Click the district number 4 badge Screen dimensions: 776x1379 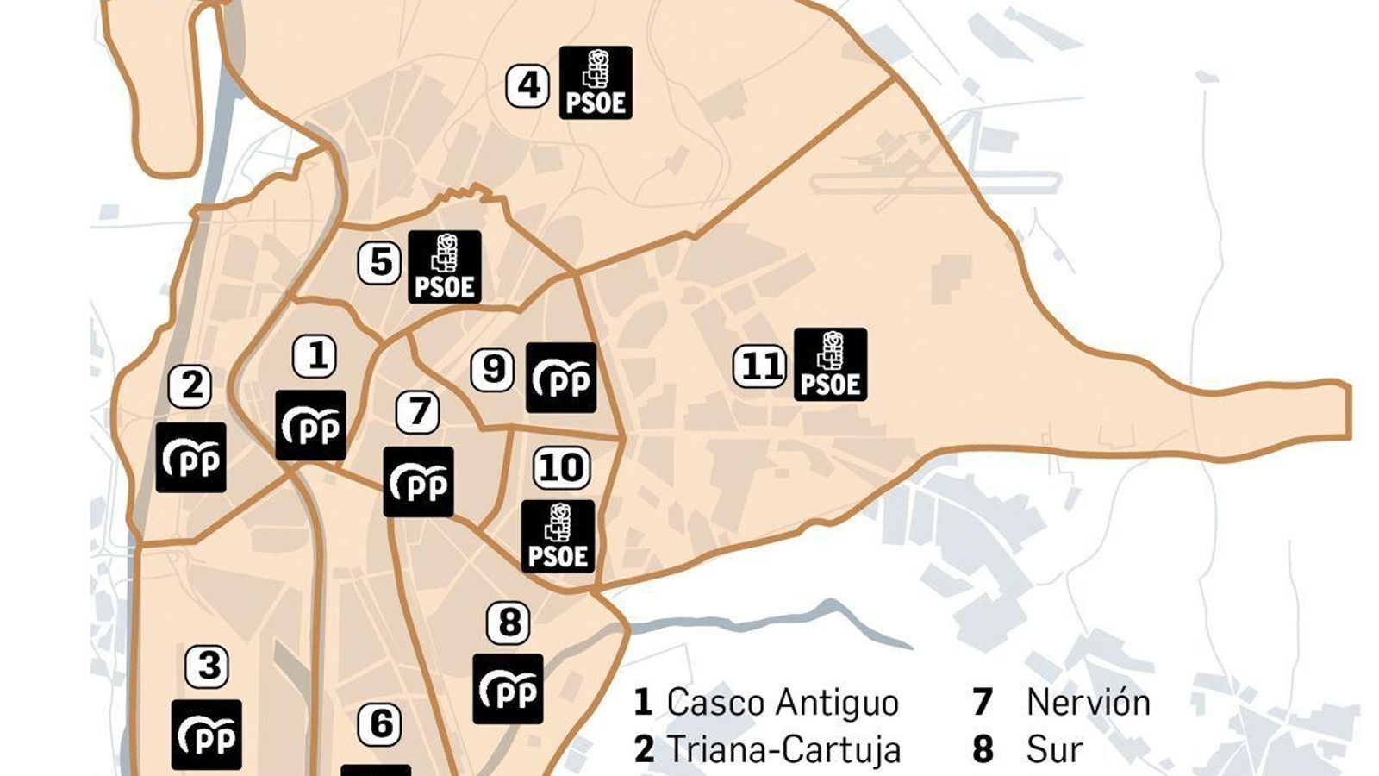point(527,86)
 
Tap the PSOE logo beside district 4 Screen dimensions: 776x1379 point(596,83)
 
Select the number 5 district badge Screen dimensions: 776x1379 point(379,263)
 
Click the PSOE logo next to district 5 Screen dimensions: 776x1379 point(445,266)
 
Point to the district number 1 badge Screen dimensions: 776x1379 point(315,356)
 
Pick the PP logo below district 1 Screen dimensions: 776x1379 point(310,425)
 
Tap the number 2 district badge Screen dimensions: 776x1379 point(190,386)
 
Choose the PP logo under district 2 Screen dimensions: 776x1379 point(191,458)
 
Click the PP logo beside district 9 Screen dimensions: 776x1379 point(561,378)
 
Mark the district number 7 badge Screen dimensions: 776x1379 point(418,412)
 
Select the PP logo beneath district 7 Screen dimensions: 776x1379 point(418,482)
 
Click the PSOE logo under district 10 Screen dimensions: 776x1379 point(558,536)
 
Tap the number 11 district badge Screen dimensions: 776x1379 point(759,366)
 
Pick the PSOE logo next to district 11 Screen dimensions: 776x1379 point(830,364)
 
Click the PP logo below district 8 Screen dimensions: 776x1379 point(508,689)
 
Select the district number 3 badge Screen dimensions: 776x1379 point(207,666)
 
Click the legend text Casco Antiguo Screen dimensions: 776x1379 point(783,703)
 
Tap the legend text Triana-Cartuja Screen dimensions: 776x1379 point(783,750)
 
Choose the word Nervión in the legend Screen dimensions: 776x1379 point(1089,703)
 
